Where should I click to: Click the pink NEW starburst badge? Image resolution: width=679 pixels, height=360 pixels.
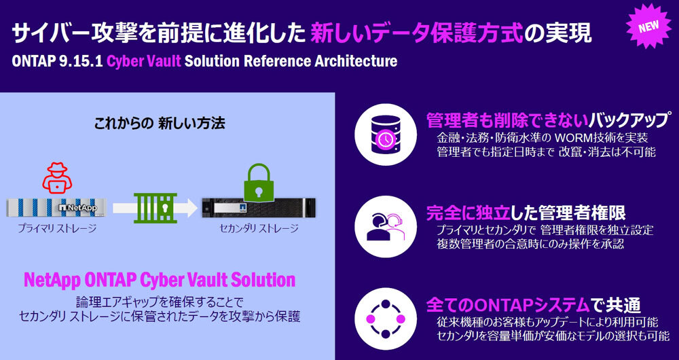[650, 26]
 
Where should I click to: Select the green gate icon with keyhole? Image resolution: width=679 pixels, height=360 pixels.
[156, 209]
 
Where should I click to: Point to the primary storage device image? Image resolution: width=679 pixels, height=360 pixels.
[56, 208]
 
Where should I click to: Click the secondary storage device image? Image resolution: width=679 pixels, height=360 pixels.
[259, 207]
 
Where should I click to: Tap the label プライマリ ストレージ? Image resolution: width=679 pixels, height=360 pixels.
[57, 228]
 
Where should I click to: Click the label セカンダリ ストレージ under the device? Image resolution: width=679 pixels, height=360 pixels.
[259, 228]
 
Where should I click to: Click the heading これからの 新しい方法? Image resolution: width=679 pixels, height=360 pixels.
[160, 124]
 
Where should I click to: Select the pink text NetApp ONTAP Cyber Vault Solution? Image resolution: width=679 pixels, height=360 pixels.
[160, 281]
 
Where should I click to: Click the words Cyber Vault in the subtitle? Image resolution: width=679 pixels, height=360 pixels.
[143, 61]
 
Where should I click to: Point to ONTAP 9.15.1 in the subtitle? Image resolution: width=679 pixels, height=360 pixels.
[57, 61]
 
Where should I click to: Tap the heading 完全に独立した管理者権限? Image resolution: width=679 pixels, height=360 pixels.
[526, 213]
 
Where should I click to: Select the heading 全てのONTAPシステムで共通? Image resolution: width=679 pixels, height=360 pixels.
[533, 305]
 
